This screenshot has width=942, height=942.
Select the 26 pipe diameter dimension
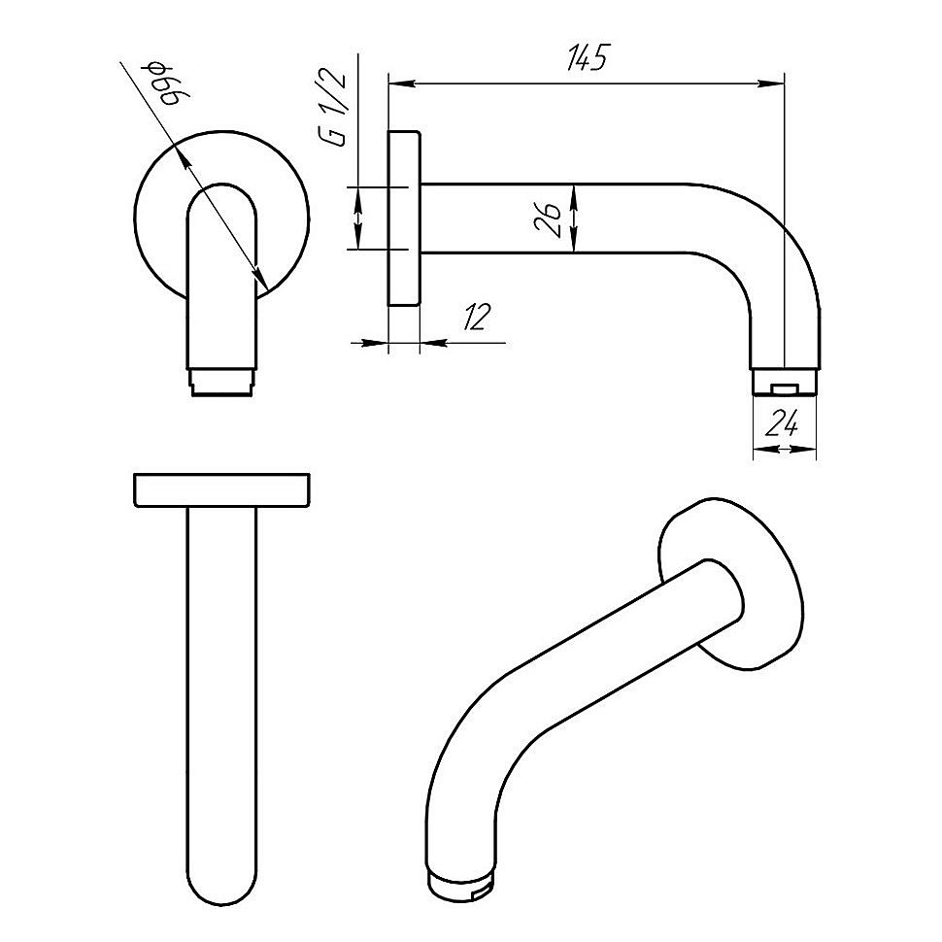549,220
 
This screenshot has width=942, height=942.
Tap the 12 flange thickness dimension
476,318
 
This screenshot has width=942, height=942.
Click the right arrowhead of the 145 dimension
777,84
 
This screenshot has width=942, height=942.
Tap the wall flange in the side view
404,219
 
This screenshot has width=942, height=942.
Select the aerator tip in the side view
785,381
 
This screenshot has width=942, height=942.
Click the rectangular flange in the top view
221,489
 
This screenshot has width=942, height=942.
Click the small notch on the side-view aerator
785,389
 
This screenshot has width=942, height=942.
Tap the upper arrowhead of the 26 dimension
575,190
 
